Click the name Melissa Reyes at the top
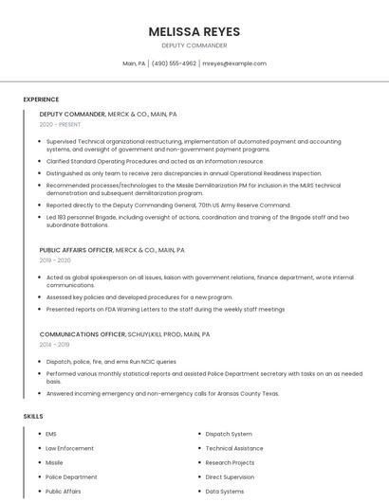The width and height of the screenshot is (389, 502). tap(194, 31)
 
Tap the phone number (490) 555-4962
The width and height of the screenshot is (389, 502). tap(174, 63)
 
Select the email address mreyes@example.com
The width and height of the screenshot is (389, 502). tap(234, 63)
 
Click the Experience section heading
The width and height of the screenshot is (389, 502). tap(41, 99)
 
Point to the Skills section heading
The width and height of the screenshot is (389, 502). tap(33, 417)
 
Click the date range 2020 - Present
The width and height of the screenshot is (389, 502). tap(61, 124)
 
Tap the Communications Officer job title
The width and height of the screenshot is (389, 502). tap(83, 334)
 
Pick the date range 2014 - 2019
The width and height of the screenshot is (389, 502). tap(55, 345)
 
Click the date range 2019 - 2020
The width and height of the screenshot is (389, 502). tap(55, 260)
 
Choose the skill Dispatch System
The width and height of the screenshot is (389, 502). tap(229, 434)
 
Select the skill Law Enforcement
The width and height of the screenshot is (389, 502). tap(69, 448)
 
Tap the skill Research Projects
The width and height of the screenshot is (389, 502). tap(231, 462)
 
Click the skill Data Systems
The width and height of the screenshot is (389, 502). tap(225, 492)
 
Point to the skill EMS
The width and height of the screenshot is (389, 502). tap(51, 434)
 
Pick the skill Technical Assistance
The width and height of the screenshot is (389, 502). tap(234, 448)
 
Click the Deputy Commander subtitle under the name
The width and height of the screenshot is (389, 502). tap(194, 45)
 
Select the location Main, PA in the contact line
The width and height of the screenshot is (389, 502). tap(134, 63)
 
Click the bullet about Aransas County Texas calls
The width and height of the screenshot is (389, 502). tap(162, 393)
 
